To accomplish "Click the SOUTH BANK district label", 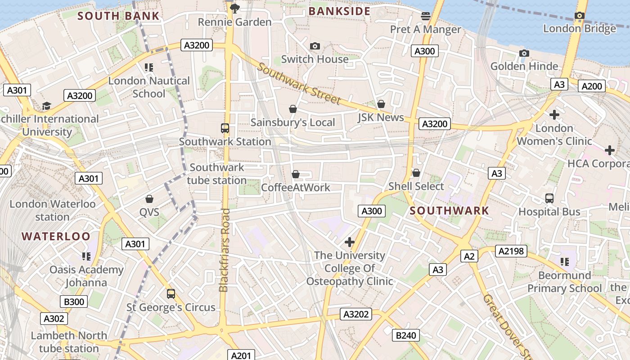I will [x=118, y=16].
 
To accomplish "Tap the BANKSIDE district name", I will [x=340, y=11].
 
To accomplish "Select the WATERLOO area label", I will [x=56, y=236].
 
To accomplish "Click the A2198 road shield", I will [x=511, y=251].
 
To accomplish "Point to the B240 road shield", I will [x=406, y=335].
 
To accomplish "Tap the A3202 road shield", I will [x=356, y=314].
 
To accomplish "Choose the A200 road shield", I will [x=591, y=86].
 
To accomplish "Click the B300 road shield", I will [x=74, y=301].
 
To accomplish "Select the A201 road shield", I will [x=241, y=355].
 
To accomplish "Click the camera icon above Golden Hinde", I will [x=524, y=54].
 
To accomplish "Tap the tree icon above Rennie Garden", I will [x=234, y=8].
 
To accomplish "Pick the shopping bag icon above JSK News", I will [x=381, y=104].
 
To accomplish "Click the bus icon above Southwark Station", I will [x=225, y=128].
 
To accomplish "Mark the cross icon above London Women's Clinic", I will [x=554, y=115].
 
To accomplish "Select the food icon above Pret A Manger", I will [x=426, y=16].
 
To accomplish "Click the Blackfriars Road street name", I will [x=225, y=250].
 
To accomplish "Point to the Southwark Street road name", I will [x=299, y=85].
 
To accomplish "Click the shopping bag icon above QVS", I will [x=149, y=199].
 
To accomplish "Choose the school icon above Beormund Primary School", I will [x=565, y=261].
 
